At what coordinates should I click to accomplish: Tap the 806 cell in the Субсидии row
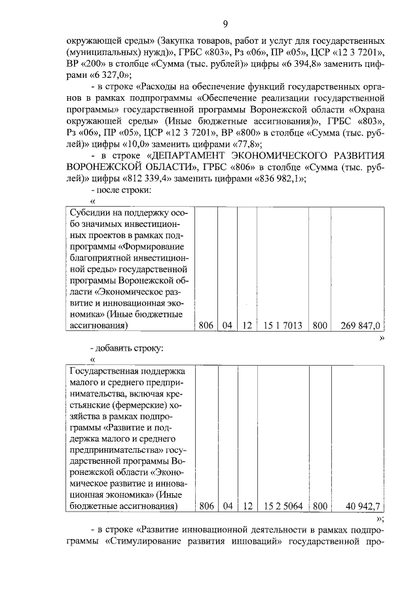click(207, 325)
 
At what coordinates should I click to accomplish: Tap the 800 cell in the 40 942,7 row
click(320, 506)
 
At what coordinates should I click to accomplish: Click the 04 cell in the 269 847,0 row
click(228, 325)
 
